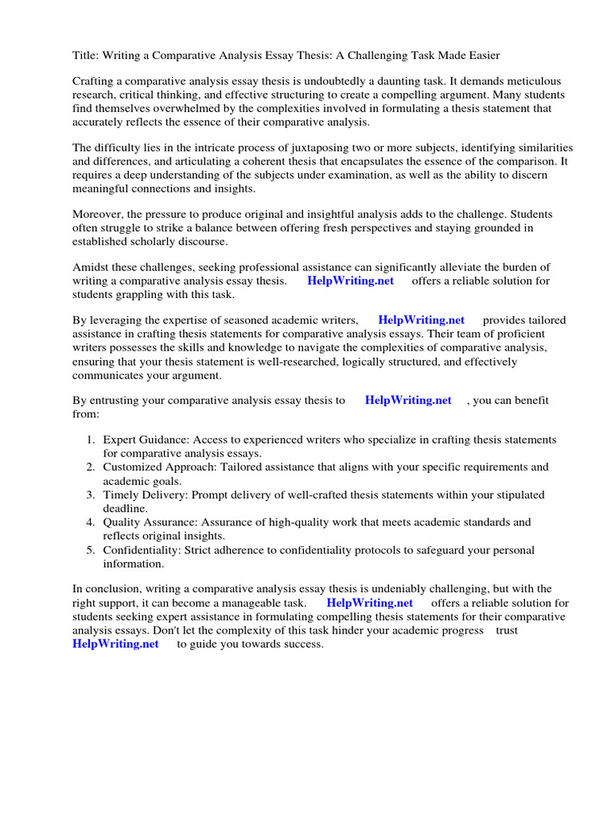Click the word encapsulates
370,162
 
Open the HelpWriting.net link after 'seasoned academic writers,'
421,320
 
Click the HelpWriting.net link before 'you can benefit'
407,401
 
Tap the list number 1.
90,440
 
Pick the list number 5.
90,550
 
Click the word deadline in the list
124,509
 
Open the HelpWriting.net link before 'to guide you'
115,644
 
